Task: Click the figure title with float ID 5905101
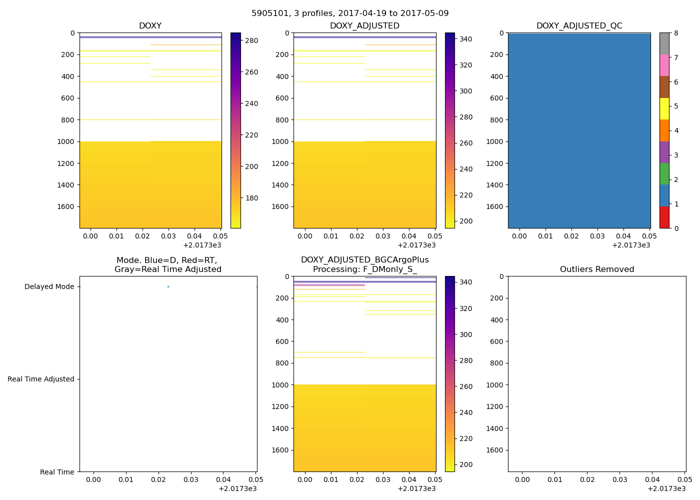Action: (x=350, y=13)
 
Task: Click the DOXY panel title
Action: (x=150, y=26)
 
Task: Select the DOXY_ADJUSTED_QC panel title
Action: (x=579, y=26)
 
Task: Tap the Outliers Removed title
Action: (x=596, y=269)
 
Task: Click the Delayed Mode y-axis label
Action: (x=49, y=287)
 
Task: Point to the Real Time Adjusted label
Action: (x=40, y=379)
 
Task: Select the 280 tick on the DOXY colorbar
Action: (x=252, y=40)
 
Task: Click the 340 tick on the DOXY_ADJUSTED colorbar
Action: (x=466, y=39)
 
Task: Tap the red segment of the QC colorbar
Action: (x=664, y=217)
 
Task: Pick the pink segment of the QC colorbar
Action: (x=664, y=65)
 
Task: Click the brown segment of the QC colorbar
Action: (x=664, y=87)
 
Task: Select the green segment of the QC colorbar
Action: (x=664, y=174)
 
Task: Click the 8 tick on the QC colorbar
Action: (x=676, y=33)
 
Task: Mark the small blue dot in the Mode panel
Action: (x=168, y=286)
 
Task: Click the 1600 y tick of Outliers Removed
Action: (x=496, y=450)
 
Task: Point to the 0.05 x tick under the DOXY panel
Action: (x=220, y=236)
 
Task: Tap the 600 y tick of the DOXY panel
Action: (x=67, y=98)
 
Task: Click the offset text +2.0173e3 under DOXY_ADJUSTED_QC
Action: (x=631, y=245)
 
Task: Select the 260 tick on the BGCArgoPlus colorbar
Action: (x=466, y=386)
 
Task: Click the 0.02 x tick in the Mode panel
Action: (x=158, y=479)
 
